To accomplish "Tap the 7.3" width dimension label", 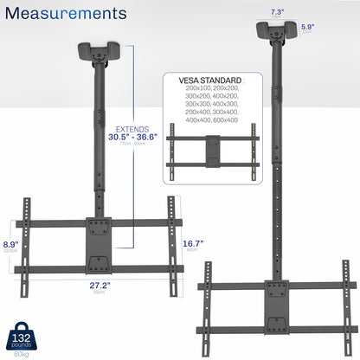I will click(x=277, y=11).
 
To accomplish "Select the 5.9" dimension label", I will click(x=331, y=27).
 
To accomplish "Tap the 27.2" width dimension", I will click(x=98, y=283).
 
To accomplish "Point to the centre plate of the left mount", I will click(x=98, y=246).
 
